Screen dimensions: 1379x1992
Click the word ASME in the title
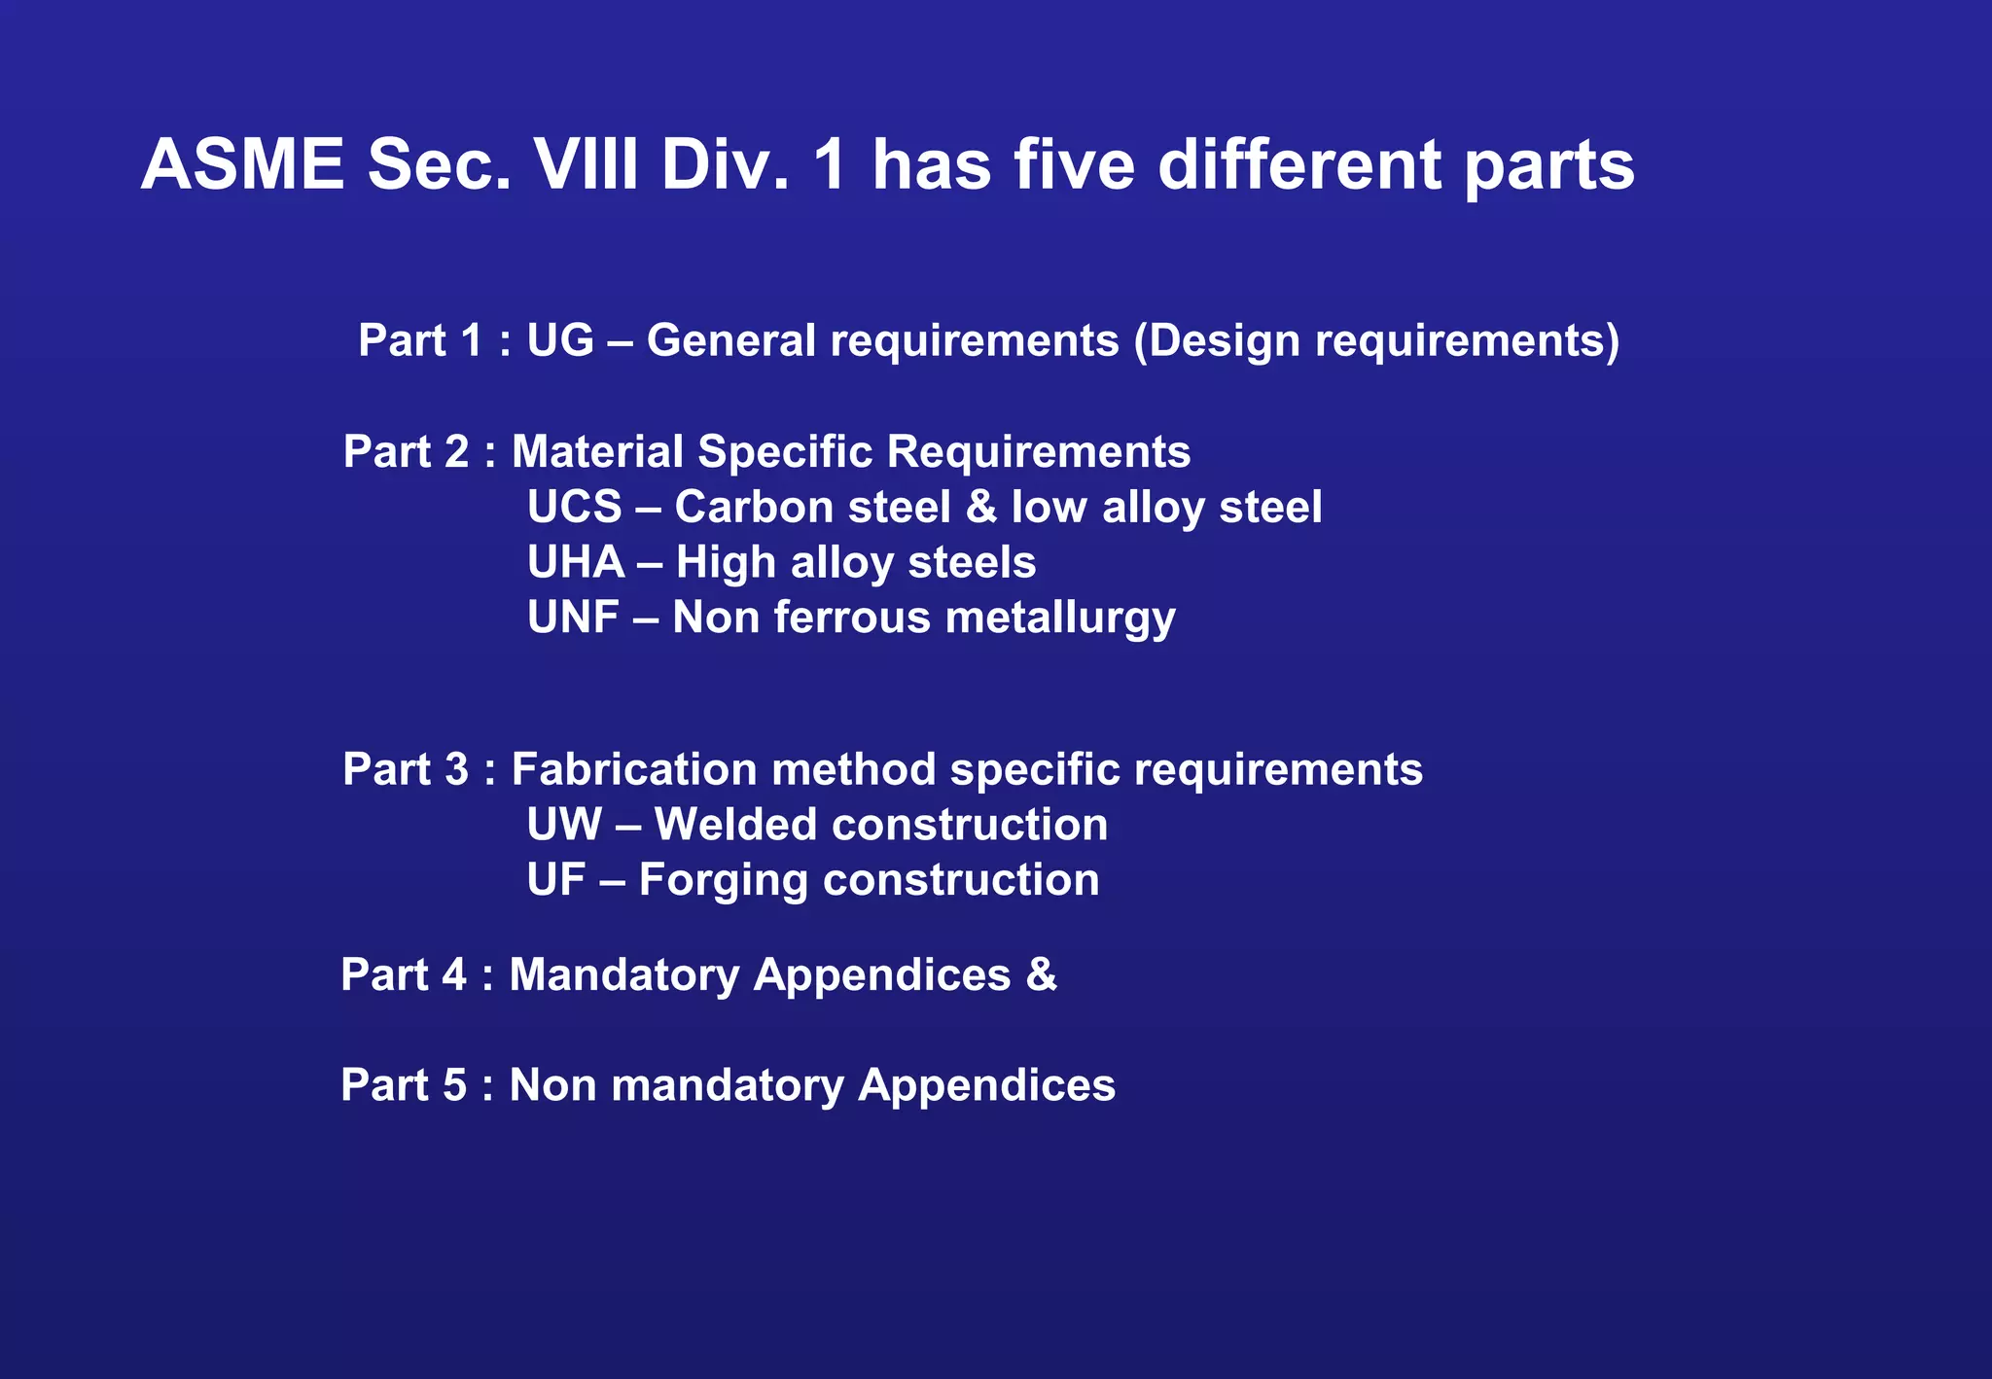point(242,164)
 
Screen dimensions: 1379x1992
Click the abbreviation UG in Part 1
point(559,340)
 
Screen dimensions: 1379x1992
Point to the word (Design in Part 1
point(1217,341)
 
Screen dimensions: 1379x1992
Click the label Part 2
point(406,452)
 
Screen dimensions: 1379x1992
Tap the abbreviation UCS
point(574,508)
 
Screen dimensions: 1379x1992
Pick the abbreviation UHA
point(575,563)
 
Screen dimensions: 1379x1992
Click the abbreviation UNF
point(573,618)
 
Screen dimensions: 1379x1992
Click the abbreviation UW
point(563,825)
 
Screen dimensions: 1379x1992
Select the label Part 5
point(404,1085)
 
